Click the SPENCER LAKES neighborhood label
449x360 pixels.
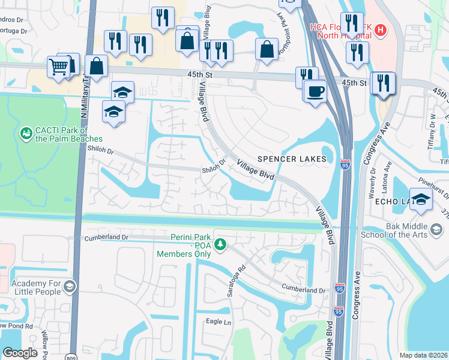click(x=291, y=159)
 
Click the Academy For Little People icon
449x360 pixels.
click(x=70, y=286)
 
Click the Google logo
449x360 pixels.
click(x=20, y=353)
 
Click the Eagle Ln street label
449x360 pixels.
click(x=218, y=322)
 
